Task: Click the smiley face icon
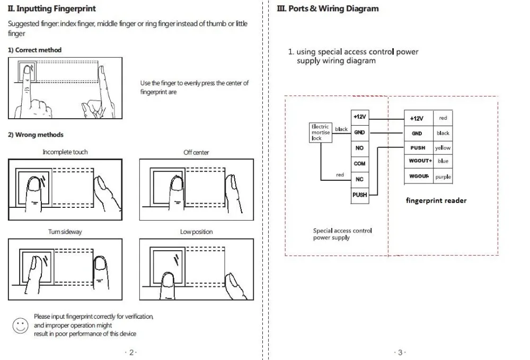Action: [x=20, y=326]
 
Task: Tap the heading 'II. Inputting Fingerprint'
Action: [x=52, y=9]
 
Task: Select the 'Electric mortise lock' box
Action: [x=321, y=133]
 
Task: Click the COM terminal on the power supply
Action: [x=360, y=164]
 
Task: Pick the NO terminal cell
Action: [x=360, y=148]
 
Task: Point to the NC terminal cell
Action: [x=360, y=179]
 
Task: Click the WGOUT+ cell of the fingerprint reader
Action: [x=419, y=161]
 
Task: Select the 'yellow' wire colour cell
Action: [x=443, y=148]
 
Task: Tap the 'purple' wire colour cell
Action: [x=443, y=177]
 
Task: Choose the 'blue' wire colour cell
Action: [x=443, y=161]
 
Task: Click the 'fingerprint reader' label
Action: [x=436, y=200]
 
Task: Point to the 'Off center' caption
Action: [x=196, y=153]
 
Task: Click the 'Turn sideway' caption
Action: [x=65, y=232]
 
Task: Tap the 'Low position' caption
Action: [x=197, y=232]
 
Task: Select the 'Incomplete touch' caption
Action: [x=65, y=152]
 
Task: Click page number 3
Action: [x=400, y=353]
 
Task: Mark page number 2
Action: [x=131, y=353]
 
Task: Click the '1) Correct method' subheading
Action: [x=35, y=50]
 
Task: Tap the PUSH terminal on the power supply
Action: [x=360, y=195]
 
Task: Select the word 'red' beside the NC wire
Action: [x=340, y=175]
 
